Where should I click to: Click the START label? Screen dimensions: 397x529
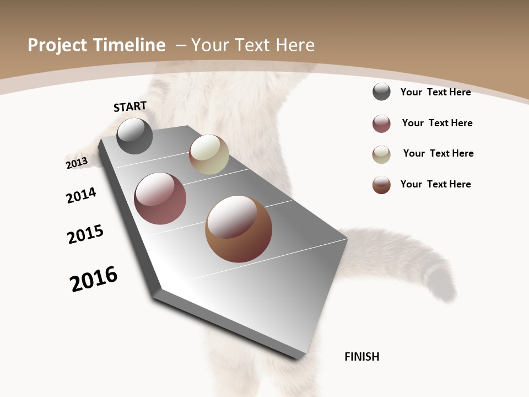click(130, 106)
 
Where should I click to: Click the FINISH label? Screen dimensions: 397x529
click(361, 357)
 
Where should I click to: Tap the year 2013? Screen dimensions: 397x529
click(77, 163)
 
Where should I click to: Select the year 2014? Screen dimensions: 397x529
click(81, 195)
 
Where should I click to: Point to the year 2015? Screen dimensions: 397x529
click(85, 234)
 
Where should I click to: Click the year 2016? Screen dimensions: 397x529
click(94, 279)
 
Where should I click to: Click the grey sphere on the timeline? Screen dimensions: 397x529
click(134, 136)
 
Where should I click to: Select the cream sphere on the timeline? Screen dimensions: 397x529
click(209, 154)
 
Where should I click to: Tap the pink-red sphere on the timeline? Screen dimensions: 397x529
click(160, 198)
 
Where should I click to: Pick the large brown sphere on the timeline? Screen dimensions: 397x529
click(239, 229)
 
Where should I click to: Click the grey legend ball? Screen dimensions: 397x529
click(381, 92)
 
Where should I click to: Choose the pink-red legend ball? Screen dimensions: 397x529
click(381, 124)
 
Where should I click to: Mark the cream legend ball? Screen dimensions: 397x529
click(381, 154)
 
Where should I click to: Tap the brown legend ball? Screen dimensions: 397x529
click(381, 185)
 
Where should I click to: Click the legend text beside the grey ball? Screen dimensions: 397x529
click(435, 92)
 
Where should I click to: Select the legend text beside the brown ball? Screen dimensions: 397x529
click(435, 184)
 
